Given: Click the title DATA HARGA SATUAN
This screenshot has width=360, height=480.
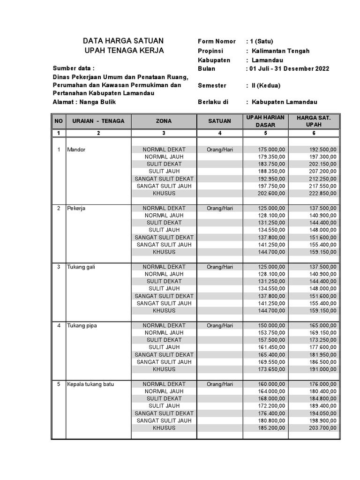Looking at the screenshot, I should (x=123, y=41).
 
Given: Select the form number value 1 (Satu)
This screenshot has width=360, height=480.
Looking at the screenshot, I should (x=263, y=41).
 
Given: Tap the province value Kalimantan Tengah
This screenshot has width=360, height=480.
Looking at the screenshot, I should (x=280, y=51).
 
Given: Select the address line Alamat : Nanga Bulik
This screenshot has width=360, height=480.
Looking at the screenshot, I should (x=84, y=102).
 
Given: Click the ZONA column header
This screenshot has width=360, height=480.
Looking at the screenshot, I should (x=164, y=121).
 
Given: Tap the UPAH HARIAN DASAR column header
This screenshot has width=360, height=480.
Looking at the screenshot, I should (x=265, y=121).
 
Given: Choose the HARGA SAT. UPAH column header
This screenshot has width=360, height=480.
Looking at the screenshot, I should (x=314, y=121).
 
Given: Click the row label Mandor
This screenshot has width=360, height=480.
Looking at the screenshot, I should (x=76, y=150).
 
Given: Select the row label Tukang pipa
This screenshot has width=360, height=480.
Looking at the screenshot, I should (x=82, y=325).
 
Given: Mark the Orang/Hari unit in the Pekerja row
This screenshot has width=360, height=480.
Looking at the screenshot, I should (x=219, y=208).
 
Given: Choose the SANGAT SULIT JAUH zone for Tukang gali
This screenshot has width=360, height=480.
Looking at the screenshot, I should (x=164, y=303).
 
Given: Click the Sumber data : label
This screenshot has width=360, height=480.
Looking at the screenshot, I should (x=73, y=67).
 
